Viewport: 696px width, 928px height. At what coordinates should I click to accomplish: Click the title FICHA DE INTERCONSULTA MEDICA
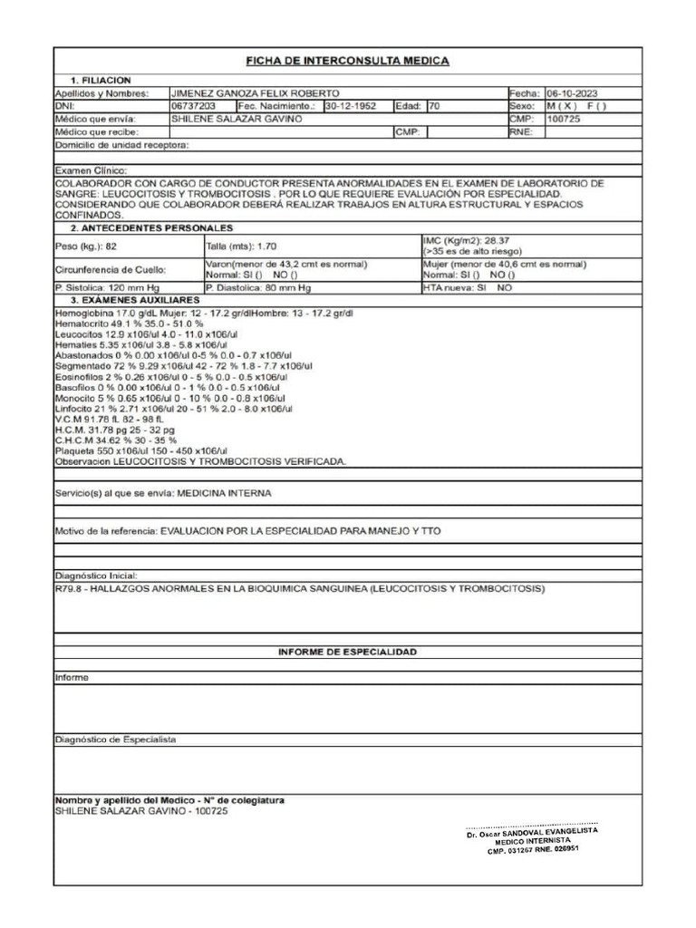click(x=348, y=61)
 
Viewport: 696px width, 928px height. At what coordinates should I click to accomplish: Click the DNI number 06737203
click(x=193, y=106)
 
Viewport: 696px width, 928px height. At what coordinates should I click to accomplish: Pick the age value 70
click(x=435, y=106)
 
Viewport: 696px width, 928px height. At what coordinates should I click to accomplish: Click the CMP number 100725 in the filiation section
click(x=564, y=119)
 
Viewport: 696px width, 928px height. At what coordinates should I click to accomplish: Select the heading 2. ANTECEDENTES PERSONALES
click(x=152, y=227)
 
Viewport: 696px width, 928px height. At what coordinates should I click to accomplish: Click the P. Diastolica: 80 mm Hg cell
click(x=258, y=287)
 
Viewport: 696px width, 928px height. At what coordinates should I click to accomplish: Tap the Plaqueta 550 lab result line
click(x=140, y=450)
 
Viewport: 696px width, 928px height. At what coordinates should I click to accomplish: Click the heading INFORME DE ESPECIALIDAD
click(x=347, y=652)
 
